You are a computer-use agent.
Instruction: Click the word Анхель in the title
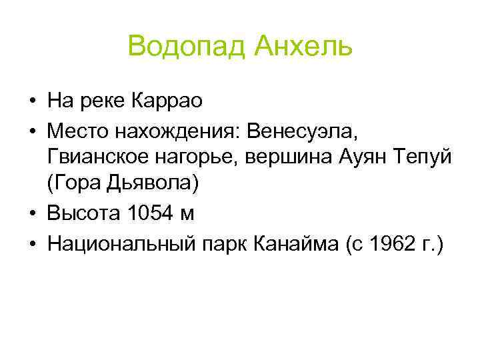point(301,47)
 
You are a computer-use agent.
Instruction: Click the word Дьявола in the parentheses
point(151,185)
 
